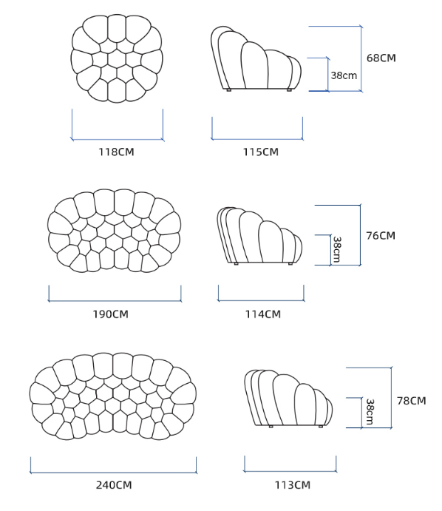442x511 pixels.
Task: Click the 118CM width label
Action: pyautogui.click(x=116, y=152)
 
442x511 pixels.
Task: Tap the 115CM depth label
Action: pyautogui.click(x=261, y=152)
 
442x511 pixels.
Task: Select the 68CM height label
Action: pyautogui.click(x=381, y=58)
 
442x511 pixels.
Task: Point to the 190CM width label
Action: pyautogui.click(x=111, y=314)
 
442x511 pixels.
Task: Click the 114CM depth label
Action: pyautogui.click(x=263, y=314)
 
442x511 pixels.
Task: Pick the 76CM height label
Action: pyautogui.click(x=381, y=236)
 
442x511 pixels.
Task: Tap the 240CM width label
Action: pyautogui.click(x=114, y=485)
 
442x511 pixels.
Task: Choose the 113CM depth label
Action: pyautogui.click(x=293, y=485)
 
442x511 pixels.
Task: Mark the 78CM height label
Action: pyautogui.click(x=412, y=401)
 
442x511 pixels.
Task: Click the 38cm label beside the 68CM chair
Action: pyautogui.click(x=344, y=75)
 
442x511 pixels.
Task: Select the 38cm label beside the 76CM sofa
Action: pyautogui.click(x=337, y=249)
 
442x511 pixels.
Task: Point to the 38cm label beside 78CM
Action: pyautogui.click(x=370, y=412)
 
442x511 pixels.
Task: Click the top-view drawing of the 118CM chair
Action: pyautogui.click(x=117, y=58)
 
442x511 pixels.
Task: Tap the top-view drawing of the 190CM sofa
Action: pyautogui.click(x=114, y=231)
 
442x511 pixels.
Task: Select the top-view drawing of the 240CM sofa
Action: pyautogui.click(x=112, y=396)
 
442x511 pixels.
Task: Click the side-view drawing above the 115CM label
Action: pyautogui.click(x=256, y=58)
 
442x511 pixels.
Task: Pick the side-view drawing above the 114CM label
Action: pyautogui.click(x=259, y=236)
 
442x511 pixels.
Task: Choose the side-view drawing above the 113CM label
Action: pyautogui.click(x=288, y=399)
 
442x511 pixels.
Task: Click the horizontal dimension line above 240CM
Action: pyautogui.click(x=113, y=473)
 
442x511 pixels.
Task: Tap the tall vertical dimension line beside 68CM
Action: pyautogui.click(x=361, y=58)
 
